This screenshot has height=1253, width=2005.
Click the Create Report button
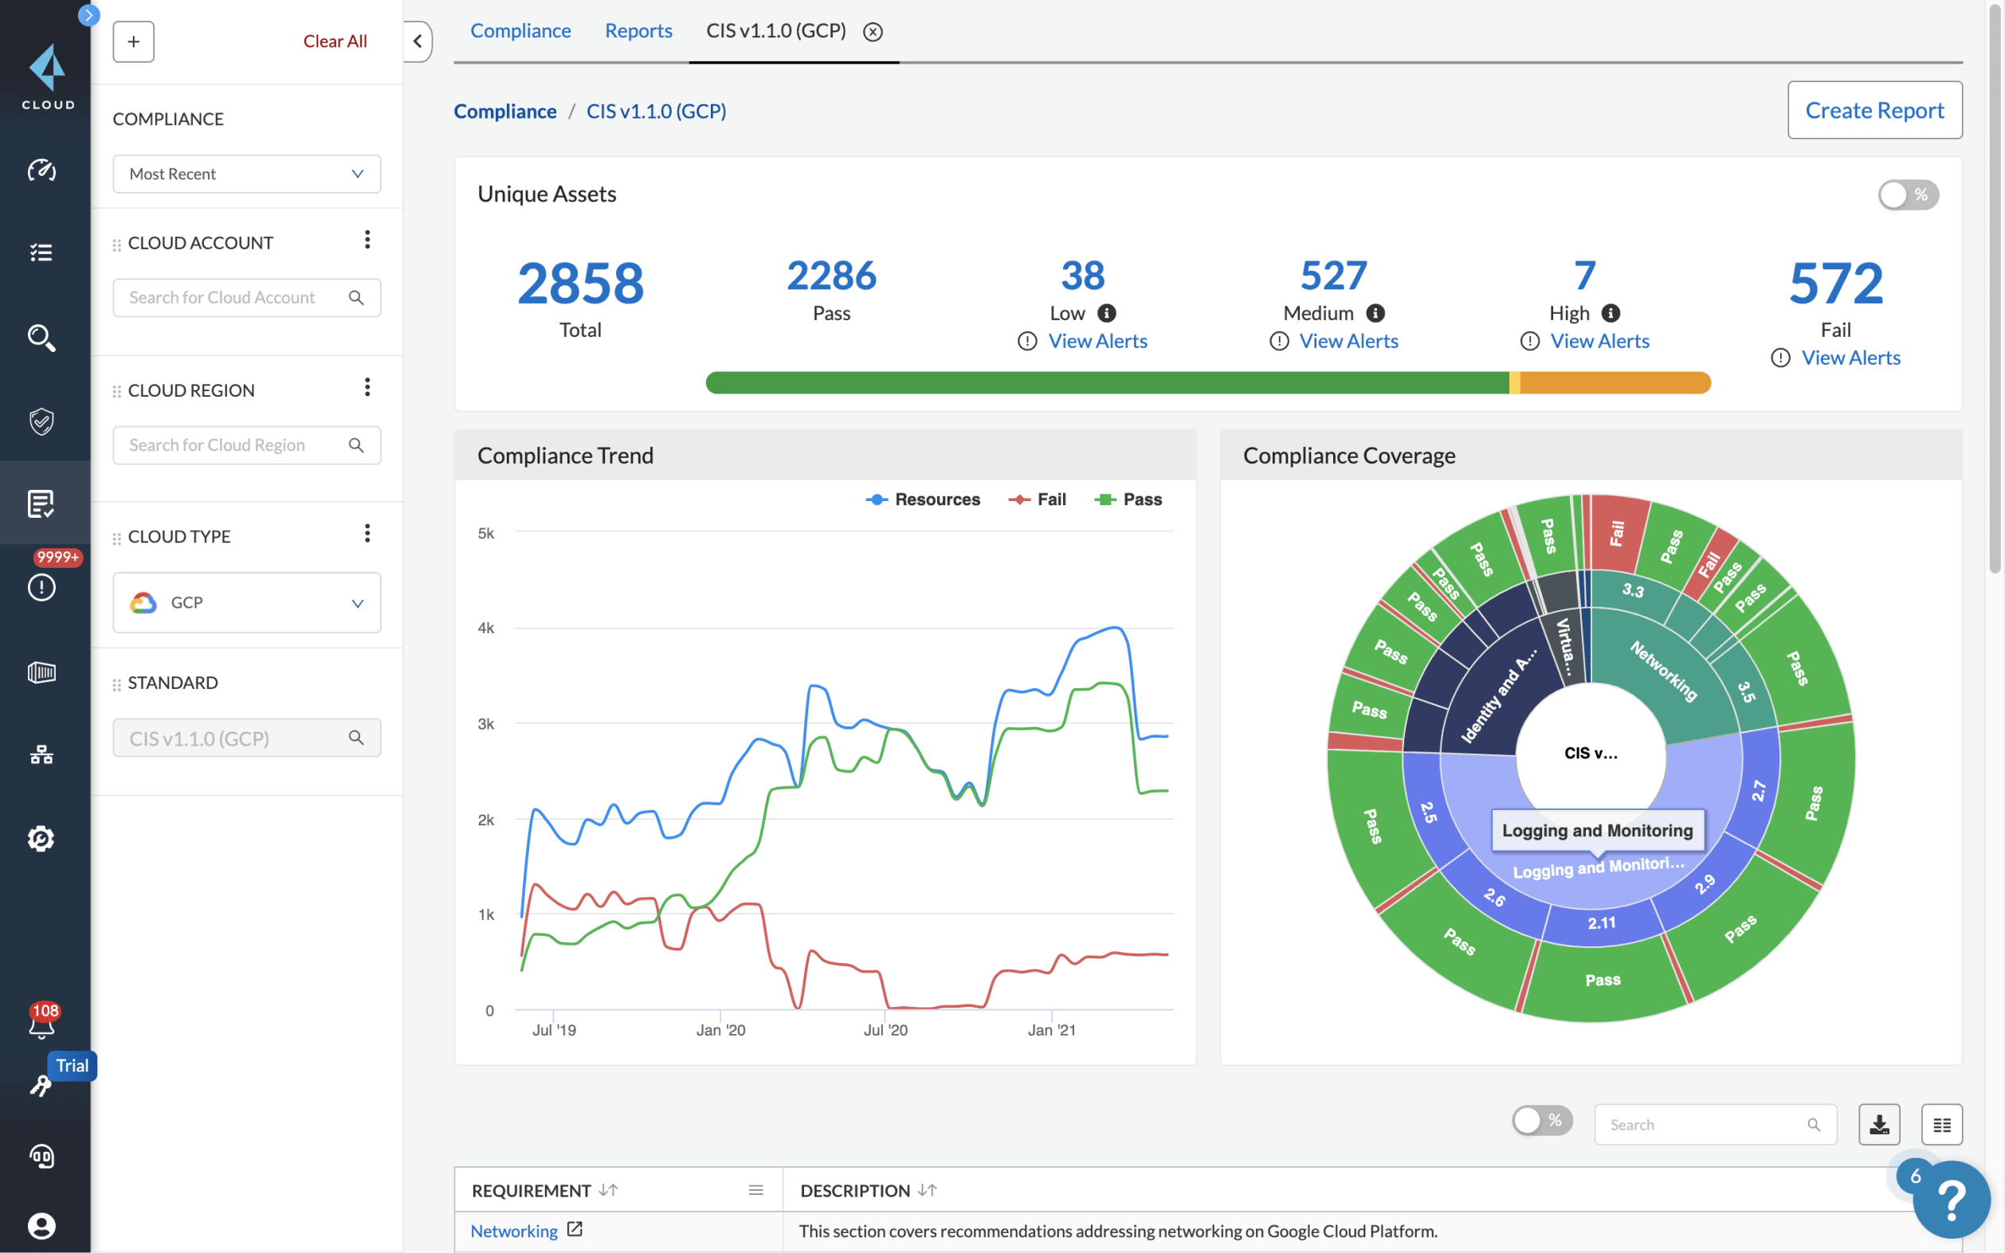[x=1874, y=110]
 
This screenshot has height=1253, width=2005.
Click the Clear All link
[x=334, y=41]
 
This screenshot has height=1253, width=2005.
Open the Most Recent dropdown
[x=246, y=174]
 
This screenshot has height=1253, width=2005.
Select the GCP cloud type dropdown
[x=246, y=602]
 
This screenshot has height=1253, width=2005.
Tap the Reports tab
[x=638, y=30]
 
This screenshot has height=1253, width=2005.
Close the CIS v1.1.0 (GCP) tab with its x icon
[x=872, y=32]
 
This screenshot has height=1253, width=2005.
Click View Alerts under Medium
[x=1348, y=342]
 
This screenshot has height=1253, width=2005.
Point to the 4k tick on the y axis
[x=485, y=628]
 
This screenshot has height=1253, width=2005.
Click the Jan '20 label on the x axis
[x=720, y=1030]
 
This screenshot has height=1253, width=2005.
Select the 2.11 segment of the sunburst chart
[x=1600, y=923]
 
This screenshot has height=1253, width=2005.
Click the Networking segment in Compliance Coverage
[x=1662, y=672]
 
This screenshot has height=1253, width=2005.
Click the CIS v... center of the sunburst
[x=1590, y=753]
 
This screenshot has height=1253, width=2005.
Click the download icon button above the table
[x=1878, y=1125]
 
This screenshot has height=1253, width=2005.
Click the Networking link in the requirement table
[x=513, y=1231]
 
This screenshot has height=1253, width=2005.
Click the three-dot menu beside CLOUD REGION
[x=367, y=387]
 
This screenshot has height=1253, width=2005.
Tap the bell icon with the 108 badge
[x=41, y=1024]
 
